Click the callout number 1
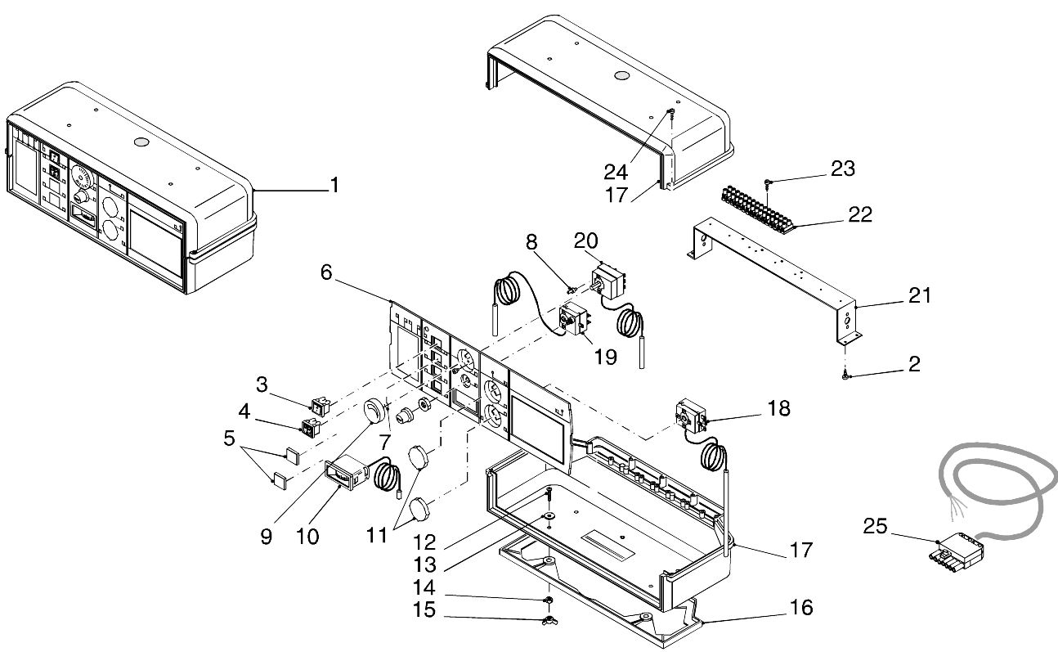click(334, 185)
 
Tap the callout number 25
click(875, 526)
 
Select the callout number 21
click(920, 295)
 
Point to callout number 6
click(326, 272)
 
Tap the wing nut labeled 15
click(549, 620)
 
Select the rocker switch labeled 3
click(320, 407)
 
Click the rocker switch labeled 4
click(311, 428)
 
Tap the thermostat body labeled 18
click(692, 415)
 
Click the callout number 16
click(801, 608)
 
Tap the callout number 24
click(616, 172)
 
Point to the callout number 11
click(376, 535)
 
